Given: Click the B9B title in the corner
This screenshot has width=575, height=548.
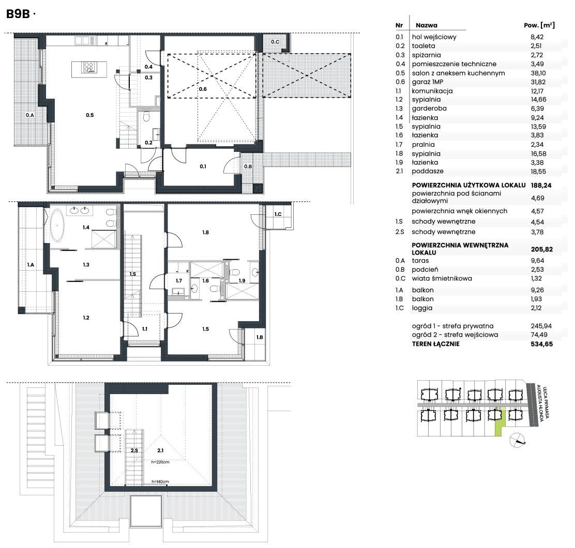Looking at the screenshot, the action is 18,14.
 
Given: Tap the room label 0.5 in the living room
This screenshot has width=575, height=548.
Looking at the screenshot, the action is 90,115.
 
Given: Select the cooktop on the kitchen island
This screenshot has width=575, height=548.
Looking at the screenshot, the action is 89,67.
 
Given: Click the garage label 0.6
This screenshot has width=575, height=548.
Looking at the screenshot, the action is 203,89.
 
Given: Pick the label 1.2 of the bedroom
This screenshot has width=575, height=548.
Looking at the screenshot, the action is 86,318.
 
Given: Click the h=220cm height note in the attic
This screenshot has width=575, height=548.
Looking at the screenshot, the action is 160,462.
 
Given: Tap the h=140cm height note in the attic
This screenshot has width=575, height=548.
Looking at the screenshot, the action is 160,482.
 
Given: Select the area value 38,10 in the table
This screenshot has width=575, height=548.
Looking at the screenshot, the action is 537,73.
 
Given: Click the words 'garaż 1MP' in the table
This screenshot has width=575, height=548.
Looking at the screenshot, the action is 427,82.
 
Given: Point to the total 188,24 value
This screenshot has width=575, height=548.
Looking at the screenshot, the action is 541,185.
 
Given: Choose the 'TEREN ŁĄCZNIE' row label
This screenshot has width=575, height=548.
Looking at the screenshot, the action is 436,344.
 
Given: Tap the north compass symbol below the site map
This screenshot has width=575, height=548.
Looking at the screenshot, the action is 518,440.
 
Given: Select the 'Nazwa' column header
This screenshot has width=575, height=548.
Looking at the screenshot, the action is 427,25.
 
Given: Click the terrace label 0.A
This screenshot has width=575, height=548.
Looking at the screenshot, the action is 29,115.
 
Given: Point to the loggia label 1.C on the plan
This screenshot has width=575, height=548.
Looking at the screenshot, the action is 278,214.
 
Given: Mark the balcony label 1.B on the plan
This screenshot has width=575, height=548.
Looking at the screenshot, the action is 260,337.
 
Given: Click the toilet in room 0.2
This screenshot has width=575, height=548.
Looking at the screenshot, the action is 146,117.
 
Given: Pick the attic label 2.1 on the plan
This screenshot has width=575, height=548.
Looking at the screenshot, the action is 160,450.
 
